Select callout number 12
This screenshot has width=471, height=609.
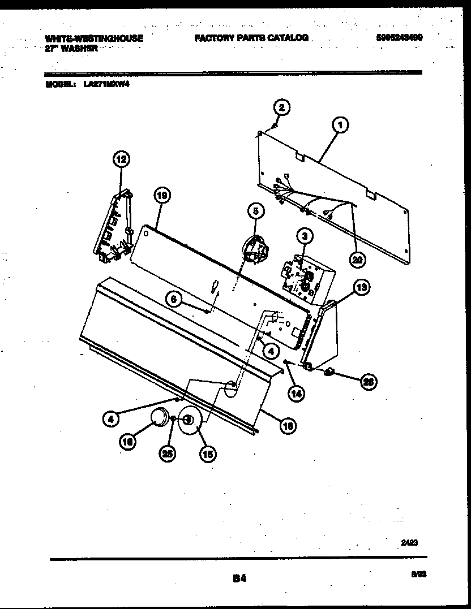pyautogui.click(x=121, y=159)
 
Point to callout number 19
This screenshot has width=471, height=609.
pyautogui.click(x=162, y=196)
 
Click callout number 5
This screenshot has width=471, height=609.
pyautogui.click(x=255, y=211)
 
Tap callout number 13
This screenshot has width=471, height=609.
pyautogui.click(x=361, y=288)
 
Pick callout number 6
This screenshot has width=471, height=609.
pyautogui.click(x=175, y=299)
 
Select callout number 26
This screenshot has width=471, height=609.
pyautogui.click(x=369, y=382)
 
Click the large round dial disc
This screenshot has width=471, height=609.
pyautogui.click(x=191, y=421)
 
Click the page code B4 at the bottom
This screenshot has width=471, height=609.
pyautogui.click(x=239, y=578)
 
